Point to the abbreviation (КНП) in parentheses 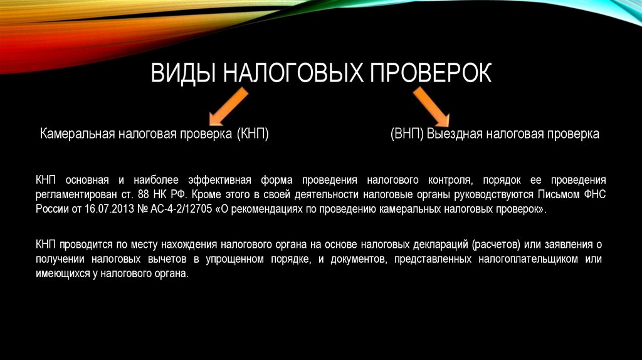pyautogui.click(x=253, y=134)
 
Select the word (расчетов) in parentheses pyautogui.click(x=495, y=243)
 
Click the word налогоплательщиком pyautogui.click(x=526, y=260)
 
